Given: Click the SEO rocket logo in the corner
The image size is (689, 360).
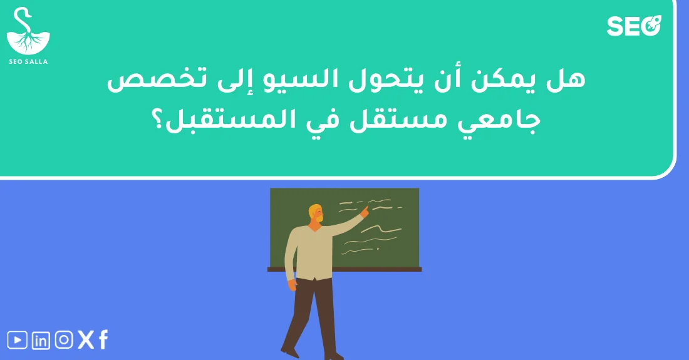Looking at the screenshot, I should pos(634,26).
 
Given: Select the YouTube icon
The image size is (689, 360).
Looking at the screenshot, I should pos(18,340).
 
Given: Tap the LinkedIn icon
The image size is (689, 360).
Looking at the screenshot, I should pos(41,341).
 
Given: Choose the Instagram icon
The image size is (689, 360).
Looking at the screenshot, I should pos(64,340).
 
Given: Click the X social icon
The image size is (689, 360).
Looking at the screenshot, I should pos(86,340).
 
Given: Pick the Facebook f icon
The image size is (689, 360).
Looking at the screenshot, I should pos(103,340).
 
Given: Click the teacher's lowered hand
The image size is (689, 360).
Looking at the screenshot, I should pos(292,285).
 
